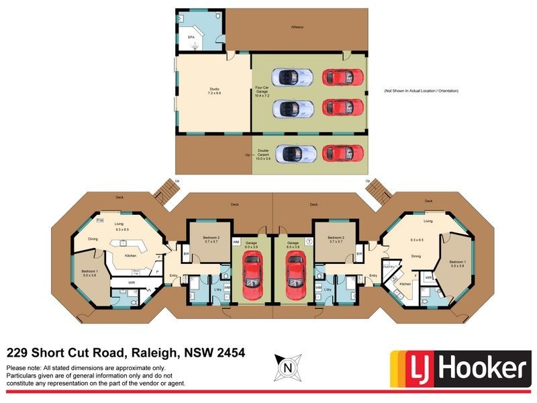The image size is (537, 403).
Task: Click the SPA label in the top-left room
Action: click(x=191, y=38)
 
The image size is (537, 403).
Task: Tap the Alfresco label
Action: click(x=297, y=28)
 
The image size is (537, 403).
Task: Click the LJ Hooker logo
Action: click(x=459, y=368)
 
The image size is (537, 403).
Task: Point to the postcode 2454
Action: click(x=229, y=353)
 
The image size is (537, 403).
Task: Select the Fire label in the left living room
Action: click(x=99, y=220)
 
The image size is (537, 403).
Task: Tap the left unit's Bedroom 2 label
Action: click(x=207, y=238)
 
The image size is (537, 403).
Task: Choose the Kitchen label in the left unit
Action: click(x=131, y=256)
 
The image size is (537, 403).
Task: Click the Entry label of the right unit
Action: click(x=373, y=275)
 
